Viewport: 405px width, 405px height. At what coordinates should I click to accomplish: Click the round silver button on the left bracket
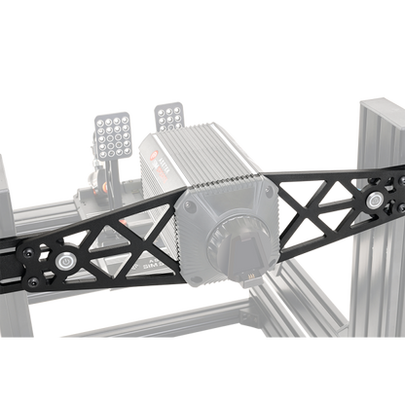click(65, 262)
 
